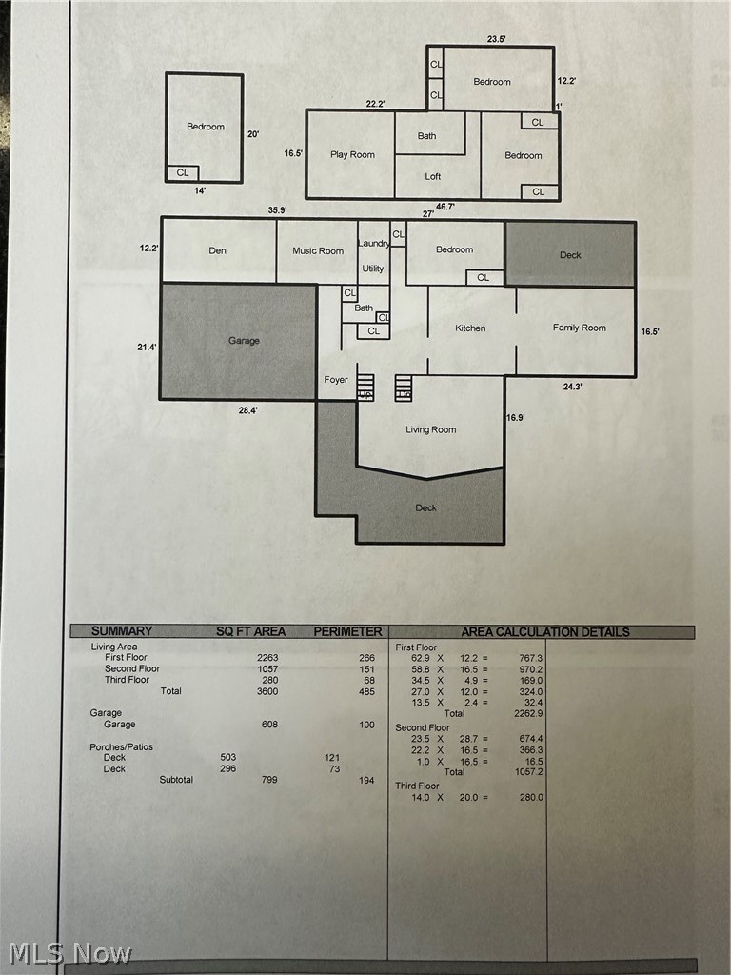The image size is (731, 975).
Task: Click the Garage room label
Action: tap(244, 341)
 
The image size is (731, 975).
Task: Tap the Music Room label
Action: tap(318, 251)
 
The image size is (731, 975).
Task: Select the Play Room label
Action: tap(352, 155)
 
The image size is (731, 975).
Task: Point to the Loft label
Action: tap(433, 176)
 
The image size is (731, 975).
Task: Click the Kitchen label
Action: tap(470, 328)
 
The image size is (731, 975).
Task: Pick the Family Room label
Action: tap(580, 328)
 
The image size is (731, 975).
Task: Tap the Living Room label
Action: tap(431, 429)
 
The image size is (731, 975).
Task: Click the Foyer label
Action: tap(336, 380)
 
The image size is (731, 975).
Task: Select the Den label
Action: tap(218, 251)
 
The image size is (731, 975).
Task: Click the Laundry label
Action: tap(373, 244)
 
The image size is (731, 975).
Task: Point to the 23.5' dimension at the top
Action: tap(496, 39)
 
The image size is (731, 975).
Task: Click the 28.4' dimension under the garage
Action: tap(248, 410)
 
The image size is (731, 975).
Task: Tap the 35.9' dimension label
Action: tap(277, 210)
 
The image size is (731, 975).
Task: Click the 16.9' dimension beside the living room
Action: tap(515, 418)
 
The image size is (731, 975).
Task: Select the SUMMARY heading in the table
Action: tap(122, 631)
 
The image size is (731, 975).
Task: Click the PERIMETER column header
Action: tap(347, 632)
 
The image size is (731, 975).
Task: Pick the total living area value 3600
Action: tap(267, 691)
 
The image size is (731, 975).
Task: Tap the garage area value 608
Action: tap(269, 725)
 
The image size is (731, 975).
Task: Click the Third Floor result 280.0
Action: tap(531, 797)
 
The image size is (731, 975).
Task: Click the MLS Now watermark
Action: tap(70, 954)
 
